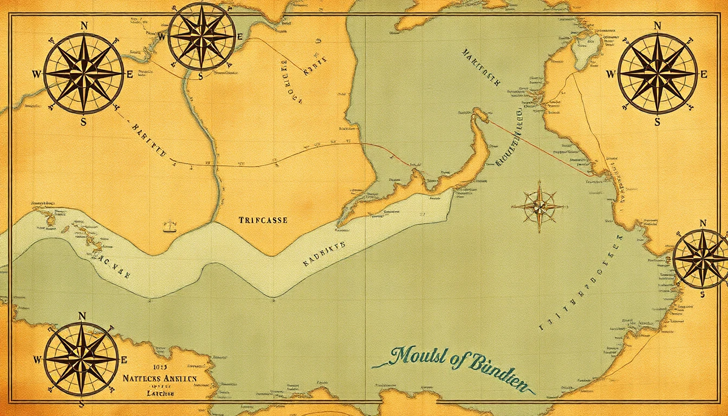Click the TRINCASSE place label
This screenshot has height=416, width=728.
point(263,220)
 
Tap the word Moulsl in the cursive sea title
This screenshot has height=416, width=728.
point(417,358)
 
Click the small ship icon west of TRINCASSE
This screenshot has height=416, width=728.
point(170,225)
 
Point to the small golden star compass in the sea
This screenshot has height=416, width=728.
point(539,206)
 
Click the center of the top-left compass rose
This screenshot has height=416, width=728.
point(83,74)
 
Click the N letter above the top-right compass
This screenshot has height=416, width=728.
point(658,25)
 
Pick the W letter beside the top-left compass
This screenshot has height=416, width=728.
point(37,75)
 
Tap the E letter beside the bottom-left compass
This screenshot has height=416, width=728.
point(124,360)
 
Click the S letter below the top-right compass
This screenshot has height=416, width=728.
point(658,122)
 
